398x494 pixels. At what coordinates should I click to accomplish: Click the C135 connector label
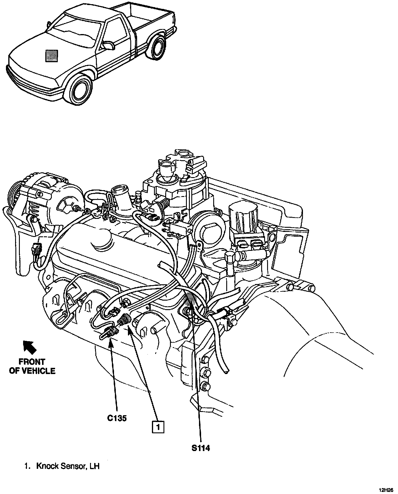[x=117, y=418]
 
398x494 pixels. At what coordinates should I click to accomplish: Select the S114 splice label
[x=200, y=448]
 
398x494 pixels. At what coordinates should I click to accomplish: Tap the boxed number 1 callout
[x=158, y=427]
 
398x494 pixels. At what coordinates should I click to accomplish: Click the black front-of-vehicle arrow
[x=30, y=347]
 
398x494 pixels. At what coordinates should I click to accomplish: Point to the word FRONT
[x=32, y=362]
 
